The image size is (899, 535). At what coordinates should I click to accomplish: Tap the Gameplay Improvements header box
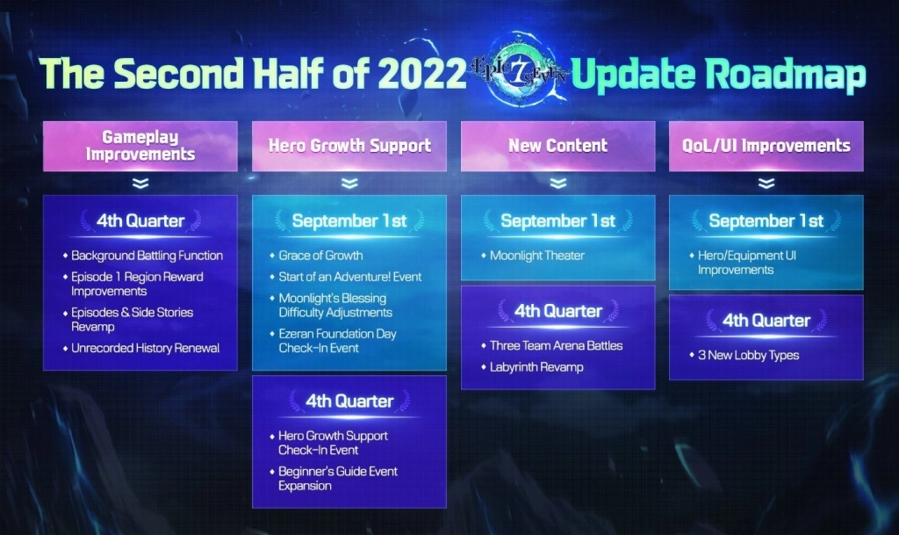[x=140, y=146]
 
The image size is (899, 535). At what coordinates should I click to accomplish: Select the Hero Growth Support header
[x=349, y=146]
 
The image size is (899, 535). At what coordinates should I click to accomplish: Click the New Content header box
[x=557, y=146]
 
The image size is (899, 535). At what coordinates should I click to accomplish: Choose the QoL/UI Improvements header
[x=766, y=146]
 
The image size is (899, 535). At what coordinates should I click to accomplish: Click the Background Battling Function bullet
[x=147, y=256]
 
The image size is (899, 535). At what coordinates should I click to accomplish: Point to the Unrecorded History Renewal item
[x=145, y=348]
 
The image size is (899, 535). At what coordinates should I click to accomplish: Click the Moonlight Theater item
[x=536, y=256]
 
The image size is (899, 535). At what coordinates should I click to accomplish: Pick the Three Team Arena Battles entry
[x=556, y=345]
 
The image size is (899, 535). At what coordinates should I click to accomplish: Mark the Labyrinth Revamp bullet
[x=536, y=366]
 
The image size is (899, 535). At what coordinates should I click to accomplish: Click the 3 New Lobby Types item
[x=748, y=355]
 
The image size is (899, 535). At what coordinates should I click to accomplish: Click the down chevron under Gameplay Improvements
[x=140, y=184]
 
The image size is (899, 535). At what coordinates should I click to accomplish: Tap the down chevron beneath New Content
[x=557, y=184]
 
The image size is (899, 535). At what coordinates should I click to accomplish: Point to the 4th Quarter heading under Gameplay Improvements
[x=140, y=221]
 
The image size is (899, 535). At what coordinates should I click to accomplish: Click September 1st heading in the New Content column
[x=557, y=221]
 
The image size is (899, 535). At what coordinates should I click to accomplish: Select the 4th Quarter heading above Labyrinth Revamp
[x=557, y=311]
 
